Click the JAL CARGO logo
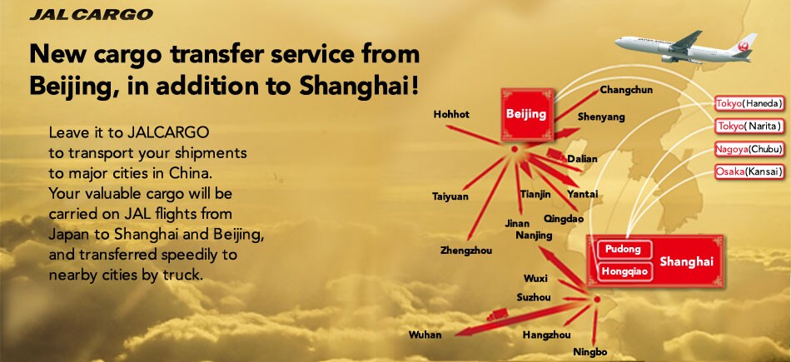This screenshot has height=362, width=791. pos(91,14)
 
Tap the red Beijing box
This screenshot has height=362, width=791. pos(525,114)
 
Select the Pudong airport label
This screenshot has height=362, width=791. pos(623,250)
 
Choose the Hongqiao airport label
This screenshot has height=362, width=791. pos(624,270)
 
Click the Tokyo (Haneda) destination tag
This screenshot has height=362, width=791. pos(749,103)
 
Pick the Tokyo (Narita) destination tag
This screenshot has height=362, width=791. pos(749,126)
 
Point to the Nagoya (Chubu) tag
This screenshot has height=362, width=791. pos(749,150)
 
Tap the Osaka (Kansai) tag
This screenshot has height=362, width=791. pos(749,172)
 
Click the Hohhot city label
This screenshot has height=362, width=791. pos(451,114)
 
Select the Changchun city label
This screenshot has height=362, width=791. pos(626,90)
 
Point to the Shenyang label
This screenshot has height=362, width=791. pos(601,117)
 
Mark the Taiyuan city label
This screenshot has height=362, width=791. pos(450,196)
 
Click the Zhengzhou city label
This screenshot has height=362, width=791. pos(466,250)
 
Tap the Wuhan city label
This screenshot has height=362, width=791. pos(425,335)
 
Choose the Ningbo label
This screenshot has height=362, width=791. pos(590,352)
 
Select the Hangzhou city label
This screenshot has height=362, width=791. pos(546,335)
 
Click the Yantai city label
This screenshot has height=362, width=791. pos(582,194)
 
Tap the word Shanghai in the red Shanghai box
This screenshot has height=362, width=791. pos(686,262)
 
